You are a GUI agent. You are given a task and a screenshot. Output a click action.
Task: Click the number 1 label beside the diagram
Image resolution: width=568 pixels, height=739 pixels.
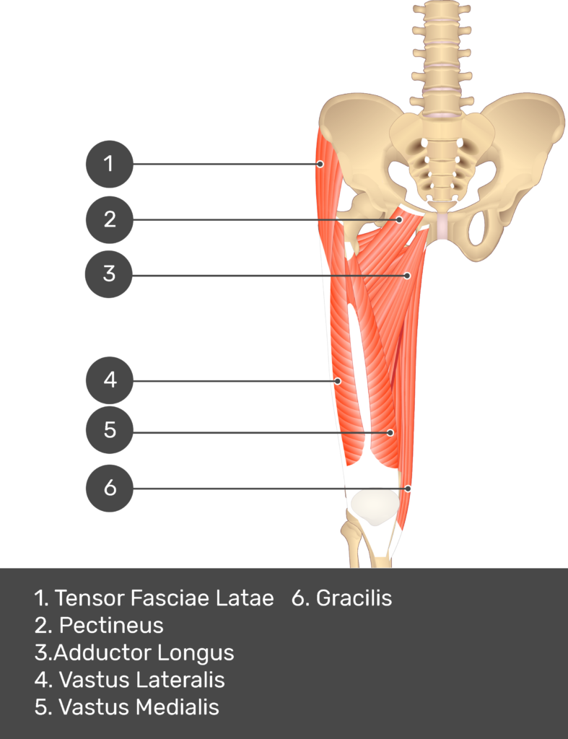(x=108, y=164)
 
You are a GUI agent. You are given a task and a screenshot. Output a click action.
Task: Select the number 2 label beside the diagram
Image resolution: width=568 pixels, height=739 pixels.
(x=110, y=219)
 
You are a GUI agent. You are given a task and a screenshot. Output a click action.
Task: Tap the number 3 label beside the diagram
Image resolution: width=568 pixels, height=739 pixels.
(x=109, y=274)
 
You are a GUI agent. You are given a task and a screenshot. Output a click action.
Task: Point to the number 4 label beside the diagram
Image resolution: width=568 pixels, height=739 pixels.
(x=110, y=379)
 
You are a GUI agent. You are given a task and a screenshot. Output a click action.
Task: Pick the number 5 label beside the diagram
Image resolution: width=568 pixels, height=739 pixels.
(x=110, y=430)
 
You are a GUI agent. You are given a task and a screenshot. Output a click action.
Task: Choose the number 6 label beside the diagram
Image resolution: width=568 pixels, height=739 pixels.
(x=110, y=488)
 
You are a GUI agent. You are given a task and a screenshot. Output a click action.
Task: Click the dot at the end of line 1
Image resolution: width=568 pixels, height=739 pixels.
(x=320, y=165)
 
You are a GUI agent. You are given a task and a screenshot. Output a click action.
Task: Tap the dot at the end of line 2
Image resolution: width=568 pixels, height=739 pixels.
(x=399, y=219)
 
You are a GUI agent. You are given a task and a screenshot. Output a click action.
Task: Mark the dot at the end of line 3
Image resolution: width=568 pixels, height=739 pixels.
(x=407, y=276)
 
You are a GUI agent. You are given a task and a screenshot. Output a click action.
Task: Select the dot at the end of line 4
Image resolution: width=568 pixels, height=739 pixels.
(x=337, y=380)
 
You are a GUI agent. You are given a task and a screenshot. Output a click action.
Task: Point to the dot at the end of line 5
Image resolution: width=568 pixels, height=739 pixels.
(x=390, y=433)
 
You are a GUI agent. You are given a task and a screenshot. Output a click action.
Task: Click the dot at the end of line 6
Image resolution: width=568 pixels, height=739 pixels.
(x=408, y=489)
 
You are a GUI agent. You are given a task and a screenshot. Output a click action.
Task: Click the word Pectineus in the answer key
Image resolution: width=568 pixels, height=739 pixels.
(x=111, y=625)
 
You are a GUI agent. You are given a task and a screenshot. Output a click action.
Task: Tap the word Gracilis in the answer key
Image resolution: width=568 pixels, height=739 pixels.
(x=354, y=598)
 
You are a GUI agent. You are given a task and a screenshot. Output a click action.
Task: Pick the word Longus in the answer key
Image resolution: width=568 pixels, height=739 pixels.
(x=196, y=652)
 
